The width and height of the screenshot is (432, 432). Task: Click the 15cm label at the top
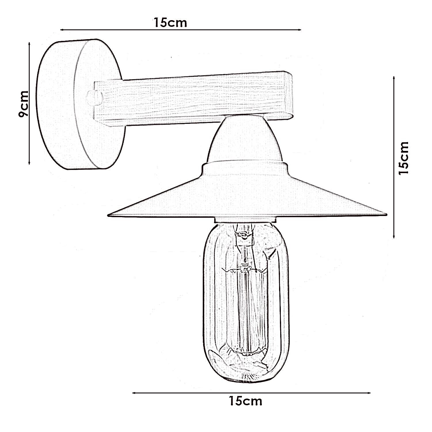[x=170, y=22]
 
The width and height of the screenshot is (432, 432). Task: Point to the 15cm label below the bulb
[x=245, y=401]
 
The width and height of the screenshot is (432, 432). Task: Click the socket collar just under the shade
[x=246, y=220]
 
